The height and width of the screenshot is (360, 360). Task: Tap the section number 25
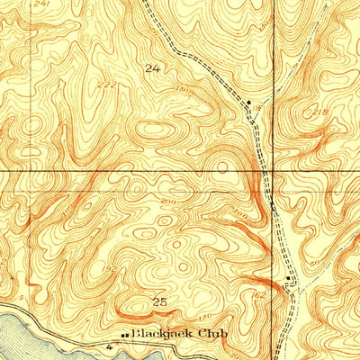(x=159, y=301)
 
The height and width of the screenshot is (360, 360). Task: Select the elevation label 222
(x=107, y=84)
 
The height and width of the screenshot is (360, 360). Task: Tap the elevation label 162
(x=260, y=293)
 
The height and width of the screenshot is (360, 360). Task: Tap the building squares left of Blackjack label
(x=124, y=335)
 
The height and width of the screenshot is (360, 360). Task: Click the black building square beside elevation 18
(x=249, y=103)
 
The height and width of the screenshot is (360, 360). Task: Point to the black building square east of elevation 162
(x=287, y=278)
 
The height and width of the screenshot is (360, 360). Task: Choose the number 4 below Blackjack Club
(x=109, y=346)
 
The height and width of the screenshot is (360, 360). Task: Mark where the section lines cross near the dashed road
(x=267, y=169)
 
